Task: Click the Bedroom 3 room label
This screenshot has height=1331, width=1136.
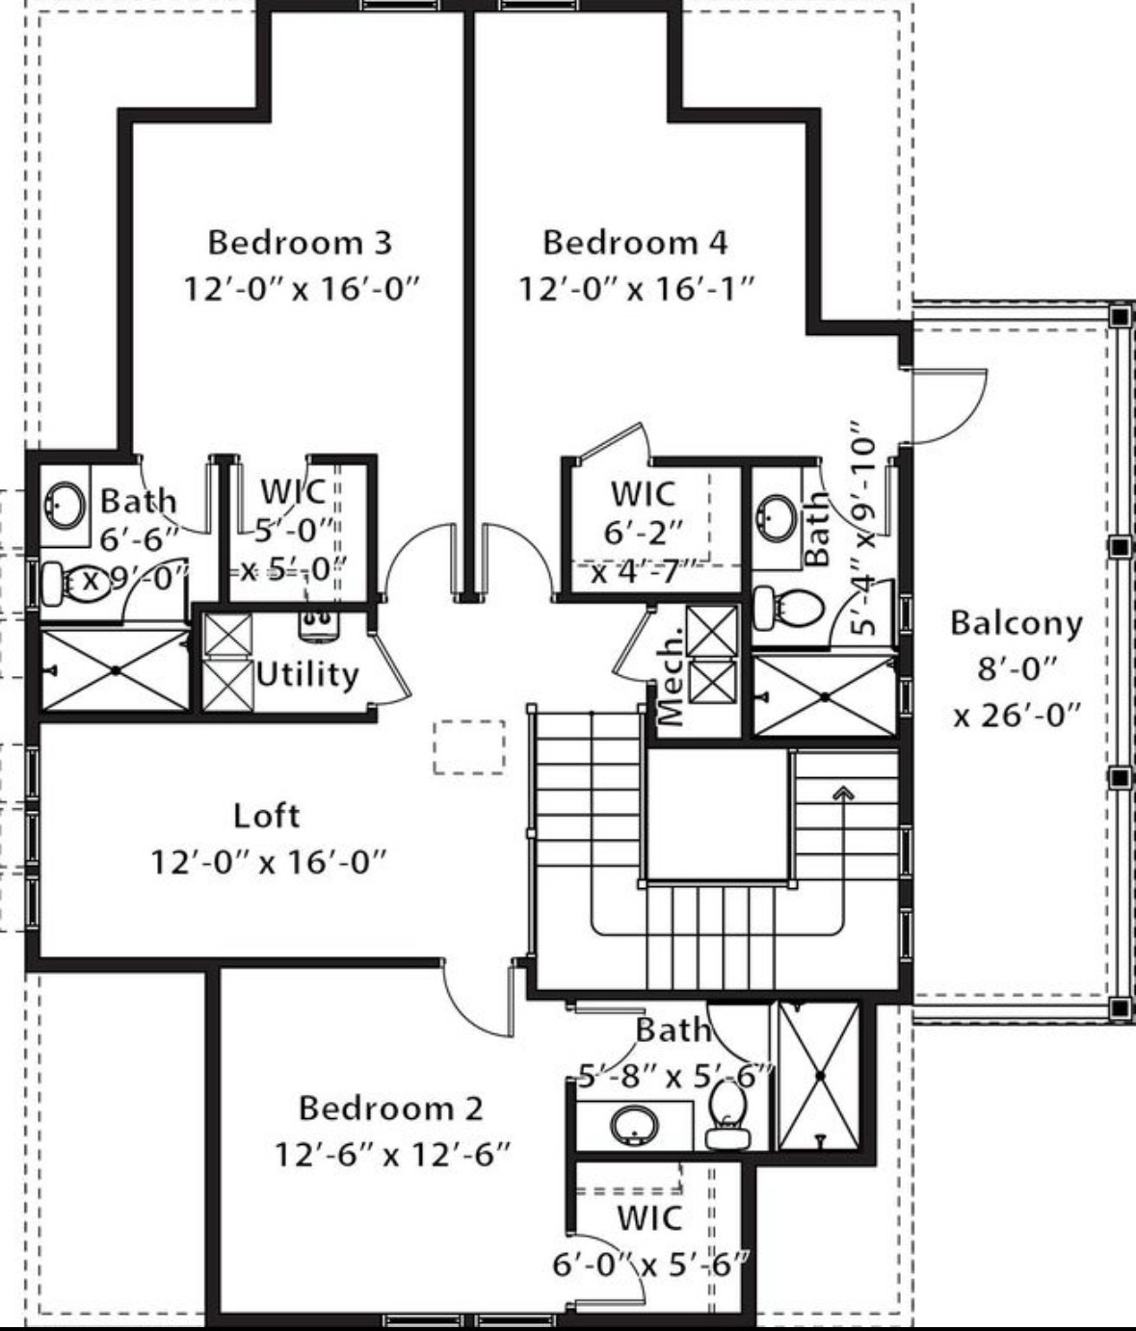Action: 300,242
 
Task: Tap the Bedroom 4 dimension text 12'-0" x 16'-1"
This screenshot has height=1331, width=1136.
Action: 636,288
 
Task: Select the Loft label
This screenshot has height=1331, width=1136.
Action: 267,816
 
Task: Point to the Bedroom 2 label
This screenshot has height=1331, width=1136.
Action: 390,1108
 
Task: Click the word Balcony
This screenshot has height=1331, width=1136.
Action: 1016,623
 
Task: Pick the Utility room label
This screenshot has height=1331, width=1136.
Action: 307,674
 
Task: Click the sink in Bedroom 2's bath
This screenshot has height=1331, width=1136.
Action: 635,1123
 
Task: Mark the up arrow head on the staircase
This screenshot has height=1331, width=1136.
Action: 844,793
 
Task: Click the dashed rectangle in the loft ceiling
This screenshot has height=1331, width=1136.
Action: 469,746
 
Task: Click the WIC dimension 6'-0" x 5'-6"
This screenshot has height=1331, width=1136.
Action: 650,1264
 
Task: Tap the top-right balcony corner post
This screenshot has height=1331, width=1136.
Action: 1119,316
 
